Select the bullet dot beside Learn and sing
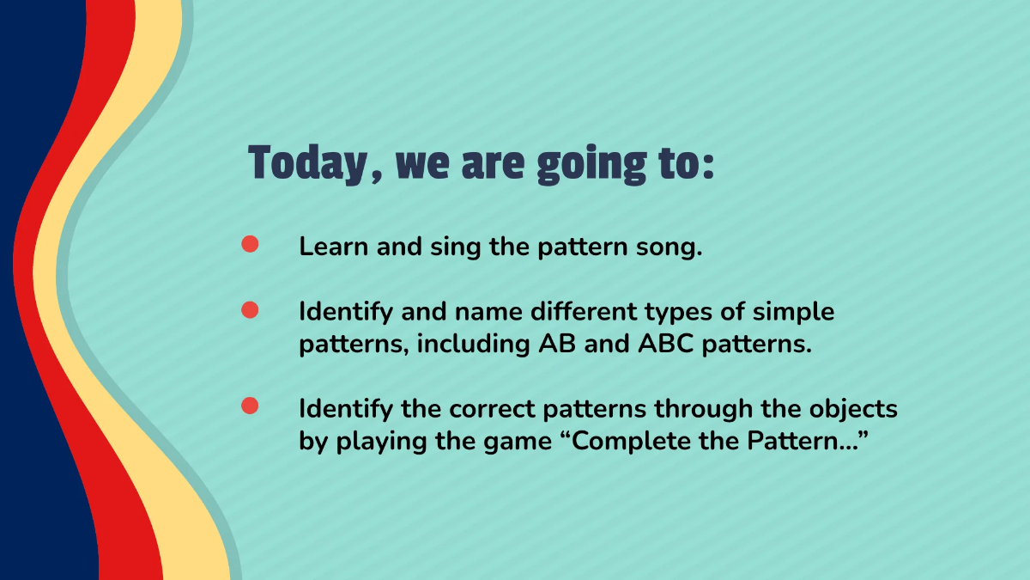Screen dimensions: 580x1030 [x=250, y=245]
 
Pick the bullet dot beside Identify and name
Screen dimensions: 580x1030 [x=250, y=310]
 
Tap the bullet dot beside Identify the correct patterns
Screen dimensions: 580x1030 [x=250, y=406]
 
